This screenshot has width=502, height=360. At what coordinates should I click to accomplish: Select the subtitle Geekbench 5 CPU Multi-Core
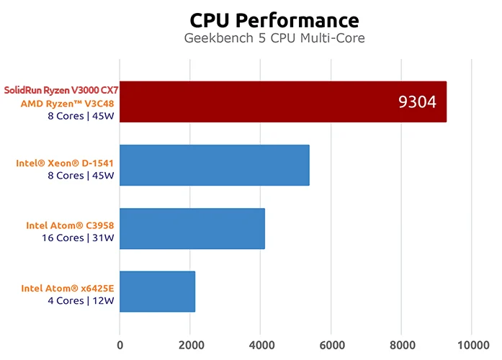click(274, 38)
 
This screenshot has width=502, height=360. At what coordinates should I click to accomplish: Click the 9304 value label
click(417, 102)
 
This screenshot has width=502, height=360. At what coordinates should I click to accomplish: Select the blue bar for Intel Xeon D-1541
click(214, 165)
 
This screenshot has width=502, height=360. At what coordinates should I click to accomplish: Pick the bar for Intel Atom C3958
click(192, 228)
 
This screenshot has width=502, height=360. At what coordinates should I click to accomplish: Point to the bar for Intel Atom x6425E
click(157, 291)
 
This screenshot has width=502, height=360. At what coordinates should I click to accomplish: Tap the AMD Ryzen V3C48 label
click(70, 102)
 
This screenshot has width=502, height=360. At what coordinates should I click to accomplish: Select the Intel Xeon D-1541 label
click(65, 163)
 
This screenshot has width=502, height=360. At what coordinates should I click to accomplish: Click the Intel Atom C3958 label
click(70, 225)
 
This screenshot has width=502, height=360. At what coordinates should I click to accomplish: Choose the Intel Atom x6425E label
click(68, 289)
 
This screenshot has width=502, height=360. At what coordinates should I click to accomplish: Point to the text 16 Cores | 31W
click(76, 238)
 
